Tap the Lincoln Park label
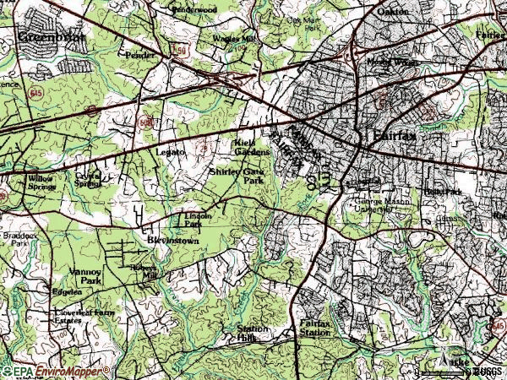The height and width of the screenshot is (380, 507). tap(196, 220)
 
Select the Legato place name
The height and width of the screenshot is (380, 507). tap(171, 152)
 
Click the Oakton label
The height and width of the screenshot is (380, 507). tap(392, 12)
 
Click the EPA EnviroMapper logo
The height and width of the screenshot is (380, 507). tap(56, 371)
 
